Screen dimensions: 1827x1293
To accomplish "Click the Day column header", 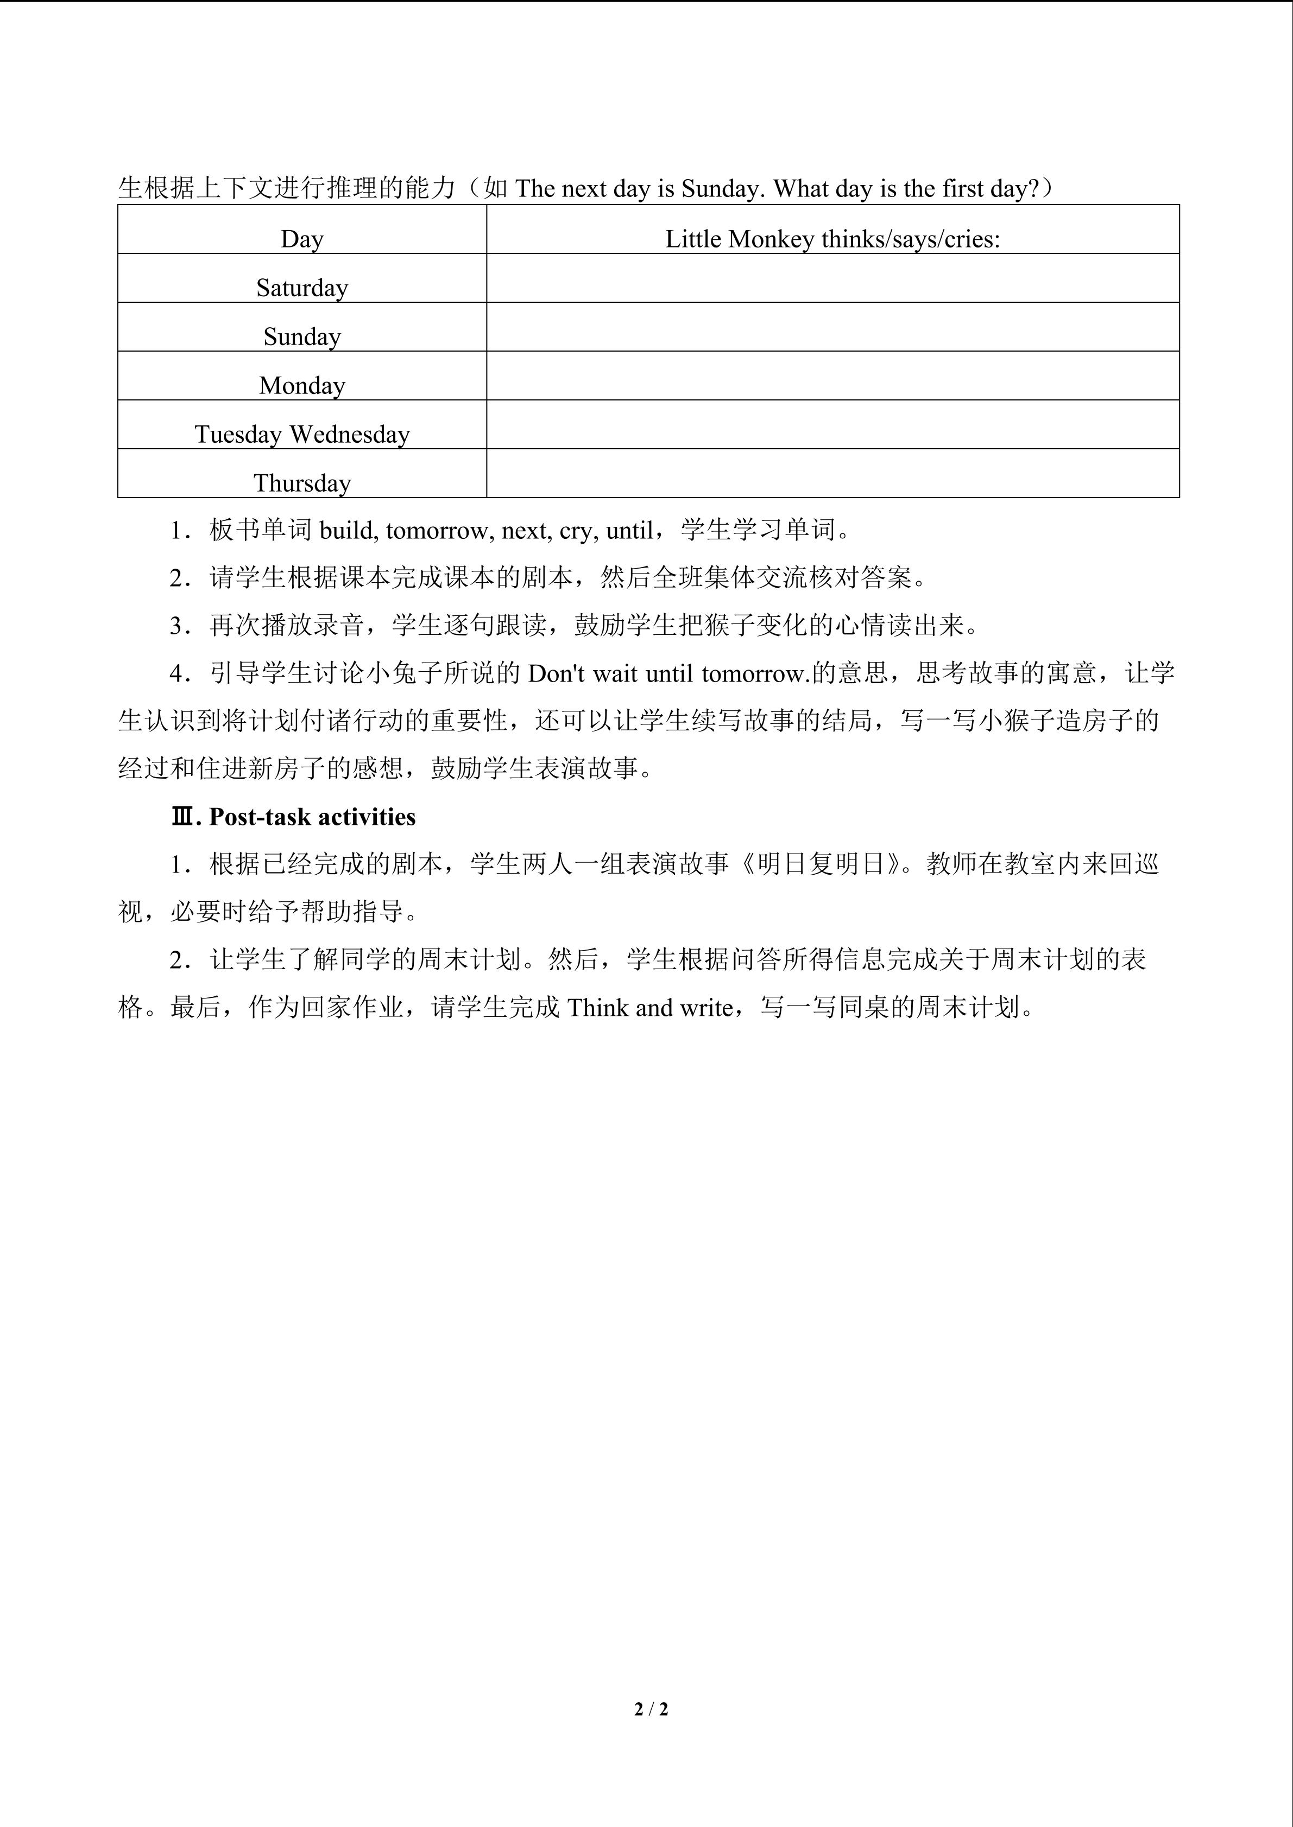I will (x=302, y=239).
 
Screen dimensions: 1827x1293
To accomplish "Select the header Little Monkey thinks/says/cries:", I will (x=832, y=239).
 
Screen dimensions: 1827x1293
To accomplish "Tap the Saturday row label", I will (x=302, y=287).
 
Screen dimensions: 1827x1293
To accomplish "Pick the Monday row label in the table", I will (x=302, y=385).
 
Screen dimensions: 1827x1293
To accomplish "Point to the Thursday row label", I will (x=302, y=483).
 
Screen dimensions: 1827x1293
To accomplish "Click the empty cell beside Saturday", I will (x=832, y=278).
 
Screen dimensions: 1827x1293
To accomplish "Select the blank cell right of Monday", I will (x=832, y=375).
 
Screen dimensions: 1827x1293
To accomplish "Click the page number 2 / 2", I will (x=651, y=1708).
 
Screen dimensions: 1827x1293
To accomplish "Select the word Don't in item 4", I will (x=556, y=674).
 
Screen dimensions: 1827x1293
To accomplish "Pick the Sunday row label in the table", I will (x=302, y=336).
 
